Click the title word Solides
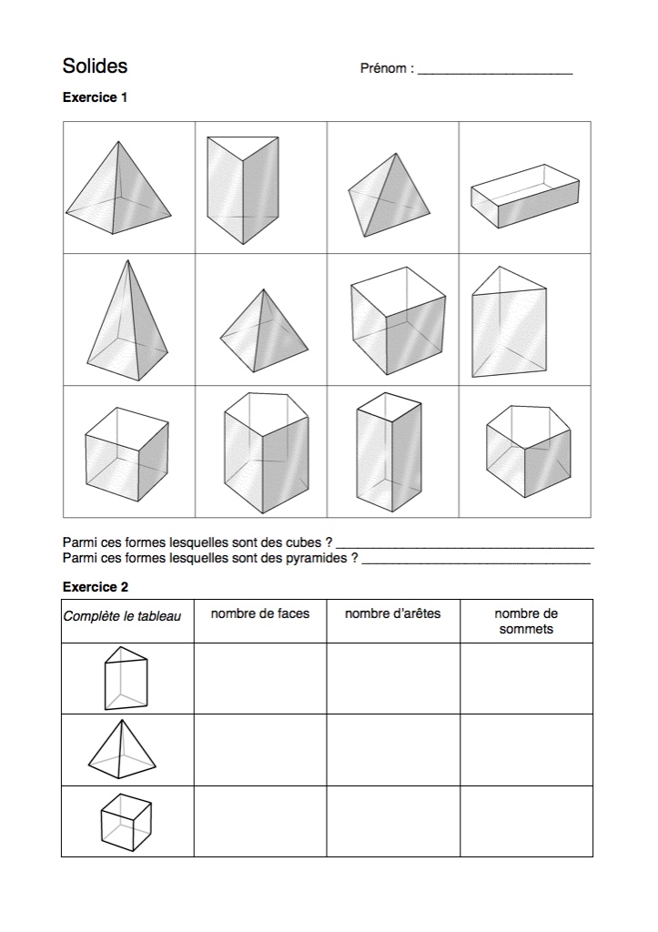95,66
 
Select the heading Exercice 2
96,587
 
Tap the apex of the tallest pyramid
125,261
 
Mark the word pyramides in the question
315,558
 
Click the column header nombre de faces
260,613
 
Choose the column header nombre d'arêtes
392,613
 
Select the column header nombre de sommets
526,621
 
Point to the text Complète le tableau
122,616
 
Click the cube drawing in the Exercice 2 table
126,822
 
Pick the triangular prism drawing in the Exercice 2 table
125,678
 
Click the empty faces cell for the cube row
260,821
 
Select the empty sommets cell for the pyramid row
526,750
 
